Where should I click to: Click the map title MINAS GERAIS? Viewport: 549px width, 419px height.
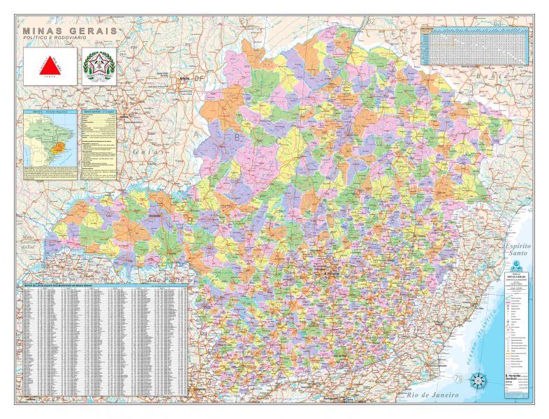point(70,31)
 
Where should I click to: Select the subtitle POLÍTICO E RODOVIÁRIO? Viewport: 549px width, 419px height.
point(56,39)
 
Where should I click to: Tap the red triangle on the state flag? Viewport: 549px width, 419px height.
point(50,66)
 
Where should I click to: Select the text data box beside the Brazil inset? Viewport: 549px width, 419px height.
point(98,144)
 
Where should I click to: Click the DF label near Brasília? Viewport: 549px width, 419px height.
point(201,78)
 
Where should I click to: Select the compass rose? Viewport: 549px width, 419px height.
point(478,381)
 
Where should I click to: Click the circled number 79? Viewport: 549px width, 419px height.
point(458,378)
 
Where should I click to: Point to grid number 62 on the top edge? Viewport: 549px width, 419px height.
point(371,20)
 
